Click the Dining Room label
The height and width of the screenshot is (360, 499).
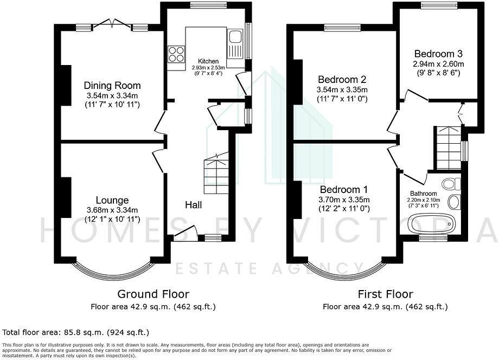[112, 86]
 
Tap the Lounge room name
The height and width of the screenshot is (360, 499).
[112, 200]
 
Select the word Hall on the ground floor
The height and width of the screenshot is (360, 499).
[194, 205]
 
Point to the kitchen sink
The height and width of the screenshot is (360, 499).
[235, 38]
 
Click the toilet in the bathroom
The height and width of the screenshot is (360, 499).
[449, 184]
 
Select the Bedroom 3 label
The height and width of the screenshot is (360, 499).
[438, 54]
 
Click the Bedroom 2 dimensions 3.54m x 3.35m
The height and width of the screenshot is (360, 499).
[342, 89]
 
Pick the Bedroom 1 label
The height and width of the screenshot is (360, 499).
[343, 190]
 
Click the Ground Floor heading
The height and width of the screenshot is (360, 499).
[153, 294]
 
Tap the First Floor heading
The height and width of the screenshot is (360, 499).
[385, 294]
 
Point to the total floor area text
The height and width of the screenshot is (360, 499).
[76, 332]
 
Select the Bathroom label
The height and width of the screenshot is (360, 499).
[423, 194]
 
